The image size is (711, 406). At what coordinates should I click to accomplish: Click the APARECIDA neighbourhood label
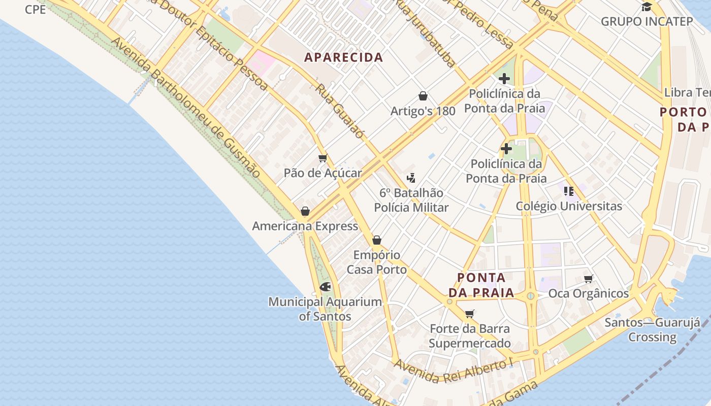[343, 57]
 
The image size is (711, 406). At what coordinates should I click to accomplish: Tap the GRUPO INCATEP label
[647, 21]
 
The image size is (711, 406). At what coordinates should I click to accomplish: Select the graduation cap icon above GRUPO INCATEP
[647, 7]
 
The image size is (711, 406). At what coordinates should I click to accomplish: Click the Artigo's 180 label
[423, 111]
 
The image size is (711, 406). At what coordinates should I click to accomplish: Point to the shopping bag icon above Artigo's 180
[423, 96]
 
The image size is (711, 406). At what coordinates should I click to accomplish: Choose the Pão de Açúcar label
[322, 173]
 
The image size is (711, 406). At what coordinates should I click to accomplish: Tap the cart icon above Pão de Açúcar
[322, 158]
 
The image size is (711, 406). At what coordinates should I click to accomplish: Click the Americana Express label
[305, 226]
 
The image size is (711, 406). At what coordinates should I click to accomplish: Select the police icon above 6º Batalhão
[411, 178]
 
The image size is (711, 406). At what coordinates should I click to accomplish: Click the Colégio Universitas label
[569, 206]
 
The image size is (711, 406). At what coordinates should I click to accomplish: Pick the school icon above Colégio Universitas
[569, 191]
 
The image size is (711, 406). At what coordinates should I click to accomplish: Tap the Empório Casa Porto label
[377, 262]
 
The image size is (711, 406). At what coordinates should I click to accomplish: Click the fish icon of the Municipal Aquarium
[325, 287]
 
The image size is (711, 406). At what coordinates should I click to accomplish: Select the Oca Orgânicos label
[588, 294]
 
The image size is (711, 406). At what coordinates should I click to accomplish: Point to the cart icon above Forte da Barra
[470, 314]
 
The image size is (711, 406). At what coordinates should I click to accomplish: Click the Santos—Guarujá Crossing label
[652, 330]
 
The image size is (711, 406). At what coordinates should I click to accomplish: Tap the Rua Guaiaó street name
[340, 111]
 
